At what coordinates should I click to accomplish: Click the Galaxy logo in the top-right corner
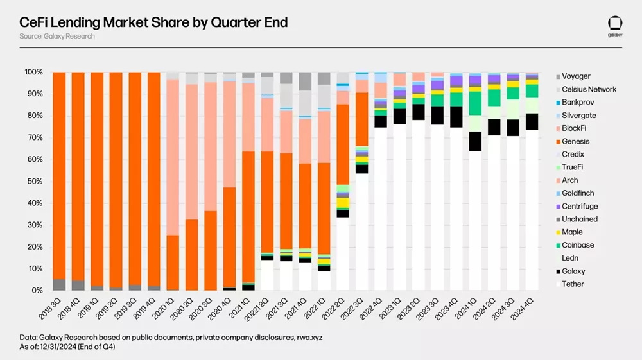point(614,25)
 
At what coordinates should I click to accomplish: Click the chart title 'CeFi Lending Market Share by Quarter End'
point(153,22)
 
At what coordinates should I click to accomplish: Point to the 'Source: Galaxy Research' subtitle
point(57,37)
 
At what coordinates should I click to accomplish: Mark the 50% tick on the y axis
point(35,182)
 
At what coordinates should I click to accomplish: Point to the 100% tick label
point(33,73)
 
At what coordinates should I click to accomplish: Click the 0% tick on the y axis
point(37,291)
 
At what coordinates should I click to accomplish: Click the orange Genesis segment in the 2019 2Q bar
point(116,180)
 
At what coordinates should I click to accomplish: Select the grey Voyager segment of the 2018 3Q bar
point(59,285)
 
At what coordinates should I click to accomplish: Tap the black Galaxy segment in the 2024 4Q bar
point(532,122)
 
